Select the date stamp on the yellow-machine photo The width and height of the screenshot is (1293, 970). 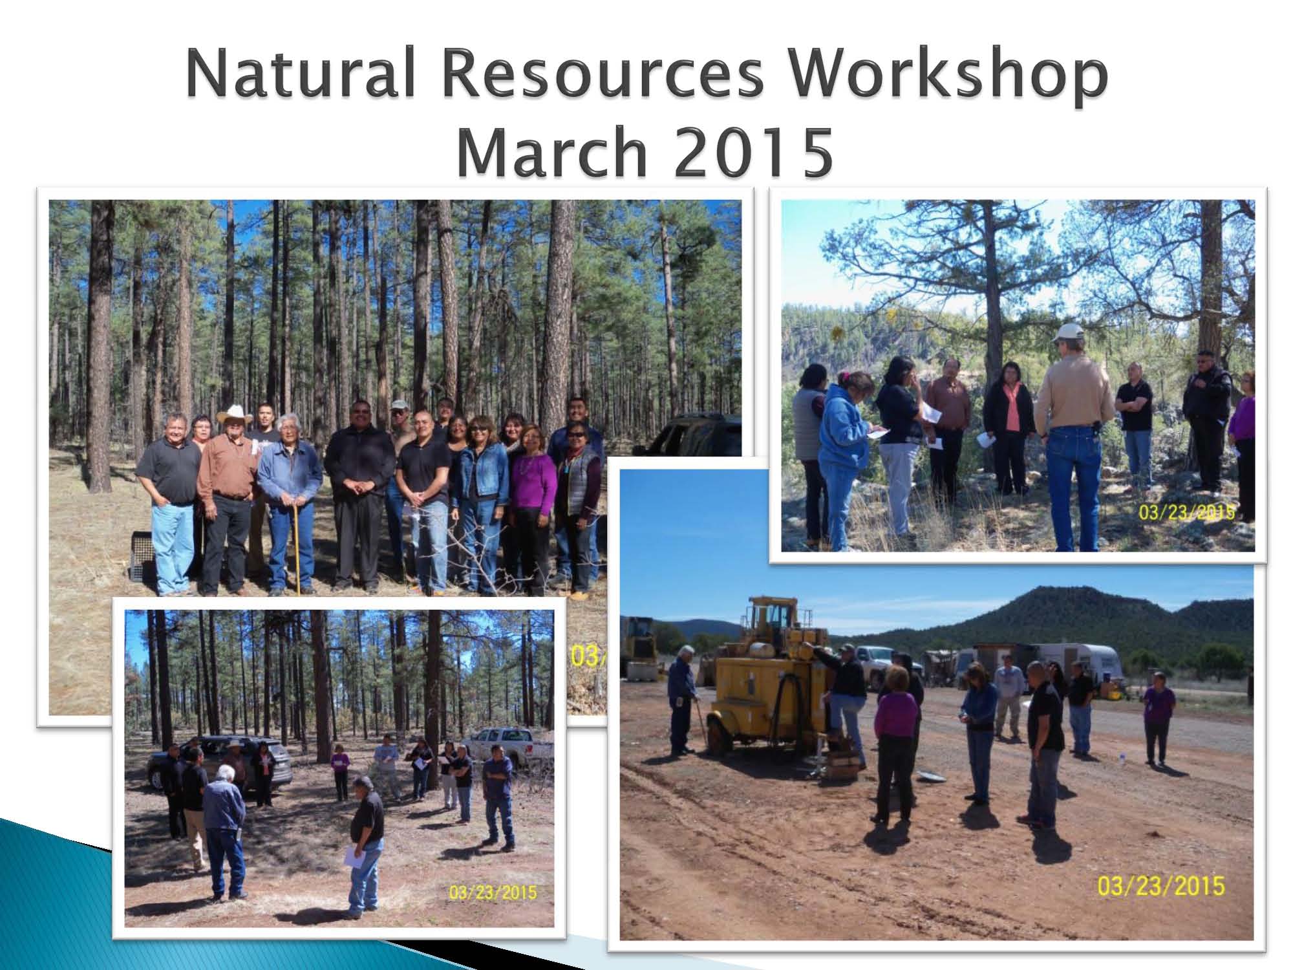point(1161,885)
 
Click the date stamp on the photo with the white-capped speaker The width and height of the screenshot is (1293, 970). point(1186,512)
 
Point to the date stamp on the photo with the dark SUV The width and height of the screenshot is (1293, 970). point(493,892)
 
